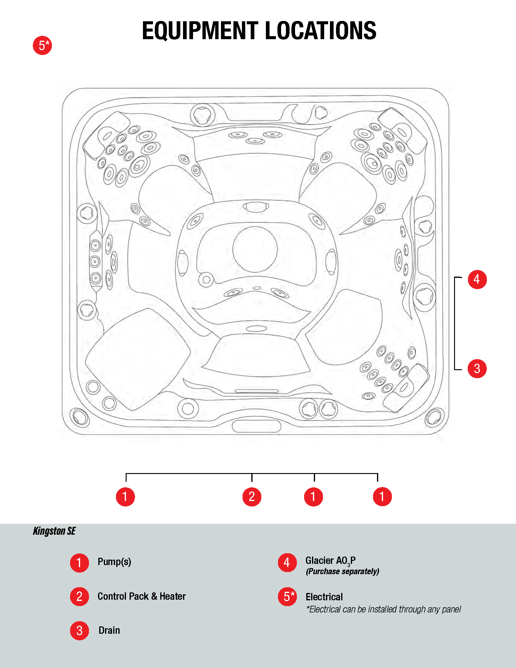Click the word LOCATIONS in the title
tap(321, 31)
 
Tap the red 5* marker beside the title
tap(42, 46)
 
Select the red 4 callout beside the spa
tap(477, 279)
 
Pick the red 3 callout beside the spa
tap(477, 369)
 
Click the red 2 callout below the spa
tap(252, 497)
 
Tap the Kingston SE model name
tap(54, 531)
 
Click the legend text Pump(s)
tap(114, 562)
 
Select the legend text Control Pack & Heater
tap(141, 596)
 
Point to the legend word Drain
tap(109, 630)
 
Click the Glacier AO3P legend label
tap(331, 561)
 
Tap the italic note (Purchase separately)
tap(342, 571)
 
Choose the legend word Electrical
tap(324, 597)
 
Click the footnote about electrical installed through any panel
tap(384, 609)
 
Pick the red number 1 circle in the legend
tap(80, 563)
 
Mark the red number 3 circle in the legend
tap(80, 631)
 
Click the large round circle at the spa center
tap(255, 249)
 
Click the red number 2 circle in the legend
tap(80, 596)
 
